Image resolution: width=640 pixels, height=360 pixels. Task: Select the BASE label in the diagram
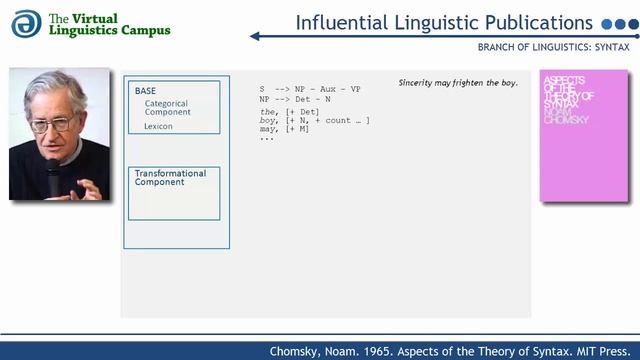[145, 91]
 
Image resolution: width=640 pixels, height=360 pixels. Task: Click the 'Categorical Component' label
[167, 107]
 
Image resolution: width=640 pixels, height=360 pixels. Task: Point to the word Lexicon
[158, 127]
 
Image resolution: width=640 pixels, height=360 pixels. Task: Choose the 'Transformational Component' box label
[170, 178]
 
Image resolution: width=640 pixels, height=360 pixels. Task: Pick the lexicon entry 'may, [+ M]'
[286, 129]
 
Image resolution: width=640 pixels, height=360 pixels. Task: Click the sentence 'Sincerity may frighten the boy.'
[458, 82]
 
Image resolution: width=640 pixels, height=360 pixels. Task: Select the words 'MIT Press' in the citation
[606, 351]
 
